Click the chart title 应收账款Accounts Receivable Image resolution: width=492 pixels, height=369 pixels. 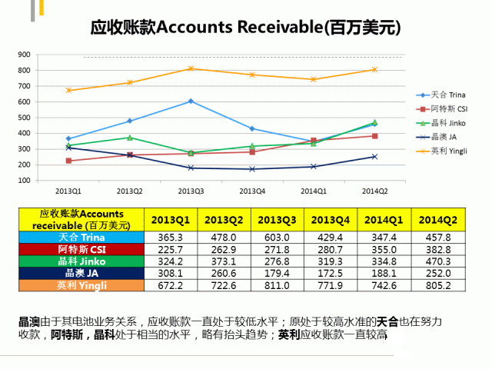(x=245, y=28)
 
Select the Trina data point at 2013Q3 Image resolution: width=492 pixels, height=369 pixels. (x=191, y=101)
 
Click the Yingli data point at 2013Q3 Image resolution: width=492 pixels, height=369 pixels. (x=191, y=68)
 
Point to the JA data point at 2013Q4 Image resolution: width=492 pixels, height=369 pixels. (x=252, y=169)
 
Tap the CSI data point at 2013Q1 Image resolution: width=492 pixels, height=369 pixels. (x=68, y=161)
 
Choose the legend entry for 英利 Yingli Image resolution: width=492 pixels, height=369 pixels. (x=447, y=151)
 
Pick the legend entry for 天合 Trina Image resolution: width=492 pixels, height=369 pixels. (x=447, y=94)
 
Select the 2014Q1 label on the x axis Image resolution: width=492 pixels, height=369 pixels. (x=313, y=190)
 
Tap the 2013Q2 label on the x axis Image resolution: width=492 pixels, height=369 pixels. (x=129, y=190)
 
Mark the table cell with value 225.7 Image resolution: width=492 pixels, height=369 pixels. (x=173, y=250)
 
